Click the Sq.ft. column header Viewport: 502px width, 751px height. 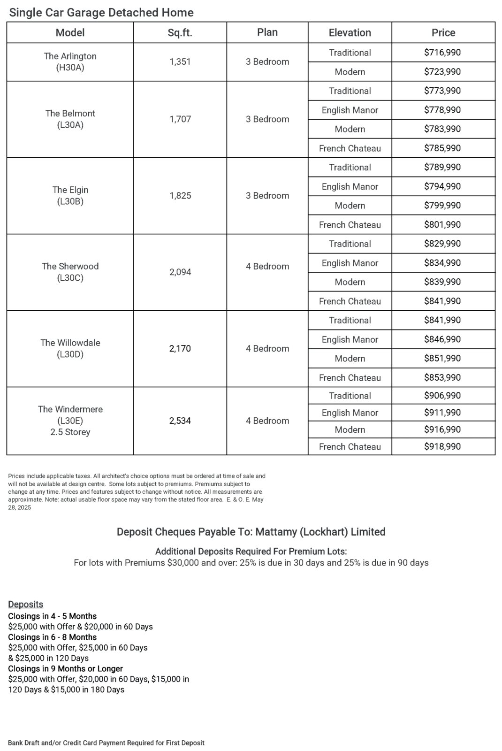pos(180,33)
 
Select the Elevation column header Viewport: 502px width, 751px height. pos(350,33)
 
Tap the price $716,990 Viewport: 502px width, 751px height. pos(442,53)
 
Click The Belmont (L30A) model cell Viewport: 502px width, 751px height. pos(70,119)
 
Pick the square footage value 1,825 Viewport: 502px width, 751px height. pos(180,196)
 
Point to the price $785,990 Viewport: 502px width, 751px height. pos(442,148)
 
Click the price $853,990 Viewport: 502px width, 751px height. pos(442,377)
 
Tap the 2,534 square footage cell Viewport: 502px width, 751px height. pos(180,421)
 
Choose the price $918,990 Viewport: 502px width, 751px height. pos(442,446)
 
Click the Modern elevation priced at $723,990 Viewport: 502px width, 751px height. pos(350,72)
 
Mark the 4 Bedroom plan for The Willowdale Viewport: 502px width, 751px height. pos(267,349)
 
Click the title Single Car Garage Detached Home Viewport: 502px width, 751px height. pos(101,13)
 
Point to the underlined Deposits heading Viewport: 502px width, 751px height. pos(26,605)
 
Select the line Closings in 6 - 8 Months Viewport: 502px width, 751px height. pos(53,637)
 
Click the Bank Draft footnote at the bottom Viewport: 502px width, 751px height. pos(106,743)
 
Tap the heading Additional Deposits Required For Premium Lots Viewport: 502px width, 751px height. pos(251,552)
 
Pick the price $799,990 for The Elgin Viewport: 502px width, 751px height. pos(442,206)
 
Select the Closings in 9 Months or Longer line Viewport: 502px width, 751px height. pos(66,669)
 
